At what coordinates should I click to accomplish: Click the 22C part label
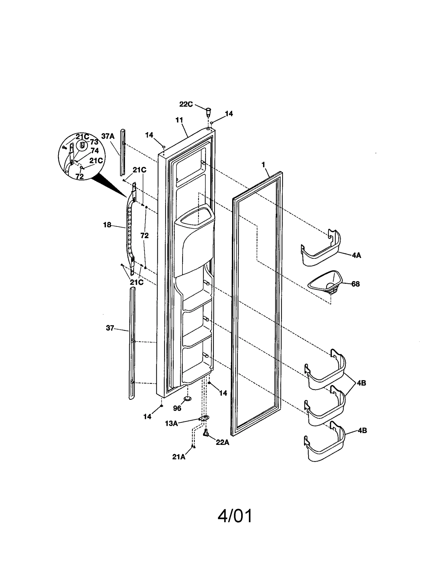click(x=186, y=104)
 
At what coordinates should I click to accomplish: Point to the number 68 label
click(x=355, y=284)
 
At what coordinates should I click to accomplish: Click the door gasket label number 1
click(x=263, y=164)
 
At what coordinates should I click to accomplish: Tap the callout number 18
click(x=107, y=225)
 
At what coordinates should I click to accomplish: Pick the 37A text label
click(x=108, y=136)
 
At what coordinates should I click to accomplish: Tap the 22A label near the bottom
click(x=222, y=442)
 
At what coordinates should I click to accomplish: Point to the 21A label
click(x=179, y=457)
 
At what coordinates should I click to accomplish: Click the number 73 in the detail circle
click(x=94, y=142)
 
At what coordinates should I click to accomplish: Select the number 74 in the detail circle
click(x=95, y=151)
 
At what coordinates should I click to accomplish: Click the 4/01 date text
click(x=235, y=516)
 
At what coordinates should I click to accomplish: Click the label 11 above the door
click(x=179, y=120)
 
